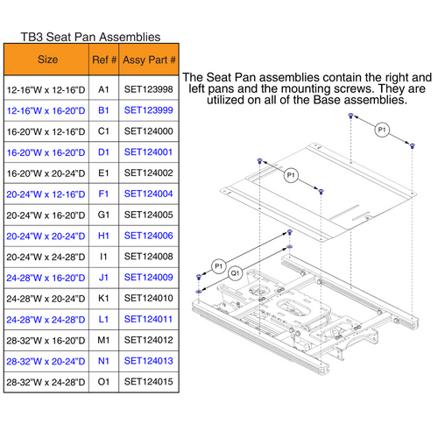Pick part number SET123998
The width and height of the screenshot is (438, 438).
pos(149,90)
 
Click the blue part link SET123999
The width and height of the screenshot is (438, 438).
pos(149,111)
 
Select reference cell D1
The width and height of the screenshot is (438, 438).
pos(103,152)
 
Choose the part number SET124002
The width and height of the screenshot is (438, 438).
pos(149,173)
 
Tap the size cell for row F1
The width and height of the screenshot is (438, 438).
pos(48,194)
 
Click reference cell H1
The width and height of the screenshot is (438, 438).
pos(103,236)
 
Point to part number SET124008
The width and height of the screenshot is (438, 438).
pos(149,257)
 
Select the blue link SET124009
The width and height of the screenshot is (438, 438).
pos(149,277)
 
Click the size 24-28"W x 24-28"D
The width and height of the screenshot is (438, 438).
pos(48,319)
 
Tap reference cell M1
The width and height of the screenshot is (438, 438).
pos(103,339)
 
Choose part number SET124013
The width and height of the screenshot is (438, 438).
pos(149,360)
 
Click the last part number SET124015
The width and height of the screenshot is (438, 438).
pos(149,381)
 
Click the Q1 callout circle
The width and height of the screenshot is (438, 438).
pos(235,272)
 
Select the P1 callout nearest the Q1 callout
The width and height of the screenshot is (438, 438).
pos(218,264)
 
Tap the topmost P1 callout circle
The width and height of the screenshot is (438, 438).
pos(381,131)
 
